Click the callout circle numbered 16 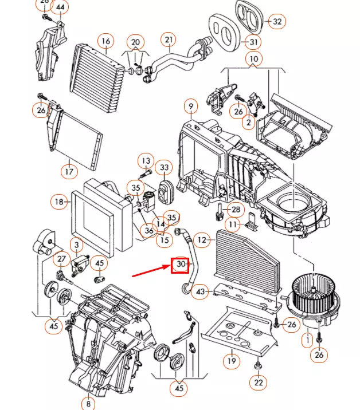coord(105,41)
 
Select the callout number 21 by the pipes coord(168,40)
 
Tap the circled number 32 coord(277,22)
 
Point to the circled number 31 coord(253,42)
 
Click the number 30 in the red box coord(181,265)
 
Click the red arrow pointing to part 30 coord(151,270)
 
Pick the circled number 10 coord(254,58)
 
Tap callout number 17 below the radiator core coord(68,171)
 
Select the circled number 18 coord(59,202)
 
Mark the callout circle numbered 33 coord(165,168)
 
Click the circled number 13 coord(146,161)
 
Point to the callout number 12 coord(201,239)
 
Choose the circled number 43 coord(199,291)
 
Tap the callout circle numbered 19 coord(231,361)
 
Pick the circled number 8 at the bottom coord(89,403)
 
